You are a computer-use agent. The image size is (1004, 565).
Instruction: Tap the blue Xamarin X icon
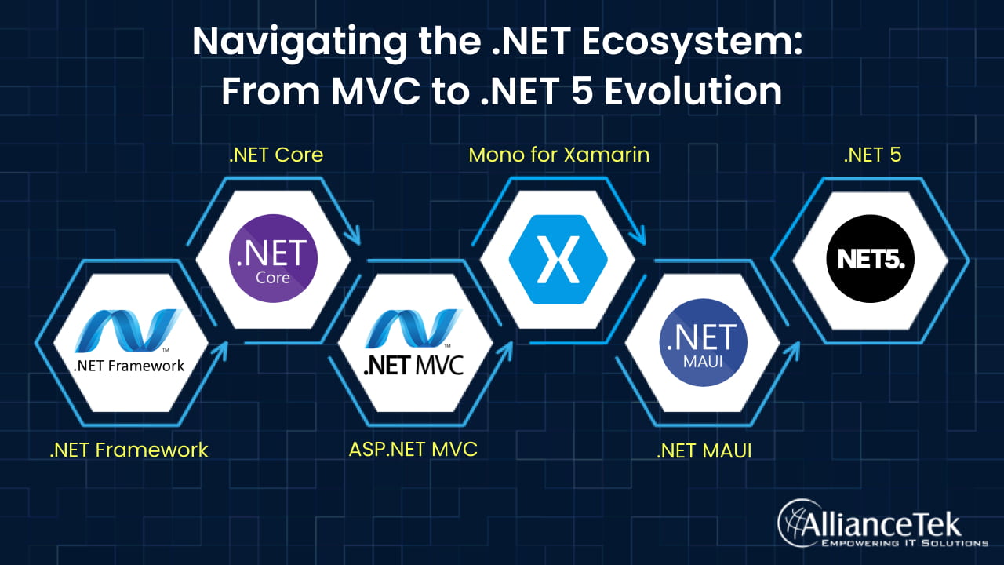(558, 259)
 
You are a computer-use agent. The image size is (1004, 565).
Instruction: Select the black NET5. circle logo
(870, 259)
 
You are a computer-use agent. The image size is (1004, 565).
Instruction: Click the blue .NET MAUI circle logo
(703, 343)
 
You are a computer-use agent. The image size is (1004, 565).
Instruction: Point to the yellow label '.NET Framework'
(129, 450)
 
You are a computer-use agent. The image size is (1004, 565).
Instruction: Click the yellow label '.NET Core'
(276, 155)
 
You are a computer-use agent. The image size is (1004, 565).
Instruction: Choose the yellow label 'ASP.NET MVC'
(413, 450)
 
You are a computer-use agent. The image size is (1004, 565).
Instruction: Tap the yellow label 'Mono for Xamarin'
(559, 155)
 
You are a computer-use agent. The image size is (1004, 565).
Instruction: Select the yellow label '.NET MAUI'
(704, 451)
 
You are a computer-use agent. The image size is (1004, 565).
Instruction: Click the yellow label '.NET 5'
(872, 155)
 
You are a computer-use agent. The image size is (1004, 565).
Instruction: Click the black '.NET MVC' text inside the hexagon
(413, 365)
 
